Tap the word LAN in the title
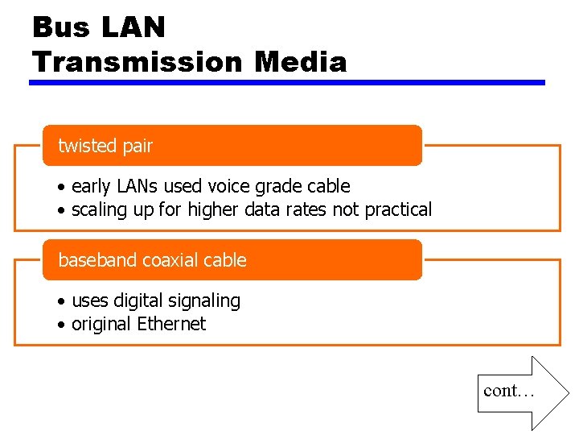[x=133, y=27]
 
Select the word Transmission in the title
[x=138, y=61]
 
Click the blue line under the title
[x=287, y=82]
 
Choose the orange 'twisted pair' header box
[x=232, y=146]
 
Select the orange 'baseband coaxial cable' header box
[x=232, y=260]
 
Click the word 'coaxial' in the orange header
[x=170, y=260]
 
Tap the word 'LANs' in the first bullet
[x=138, y=186]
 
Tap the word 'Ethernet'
[x=171, y=324]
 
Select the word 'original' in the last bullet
[x=101, y=324]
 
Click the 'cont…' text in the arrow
[x=508, y=391]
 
